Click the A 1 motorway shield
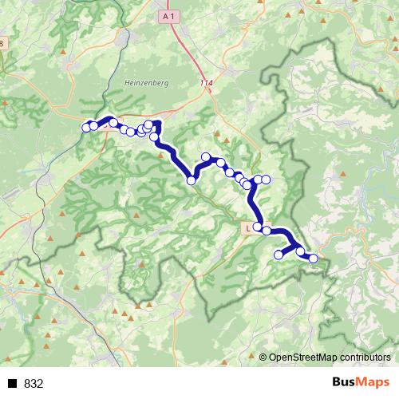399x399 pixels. coord(167,15)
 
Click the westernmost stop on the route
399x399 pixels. coord(86,128)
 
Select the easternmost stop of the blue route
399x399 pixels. coord(313,259)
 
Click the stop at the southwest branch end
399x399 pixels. coord(279,255)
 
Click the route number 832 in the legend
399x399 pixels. coord(34,384)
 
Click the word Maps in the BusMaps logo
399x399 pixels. coord(374,382)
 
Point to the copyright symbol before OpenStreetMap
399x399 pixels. coord(263,358)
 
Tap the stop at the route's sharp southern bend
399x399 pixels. coord(192,181)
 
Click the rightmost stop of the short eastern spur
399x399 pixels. coord(267,180)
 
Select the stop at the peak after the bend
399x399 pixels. coord(206,157)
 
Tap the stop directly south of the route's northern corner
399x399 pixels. coord(154,137)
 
